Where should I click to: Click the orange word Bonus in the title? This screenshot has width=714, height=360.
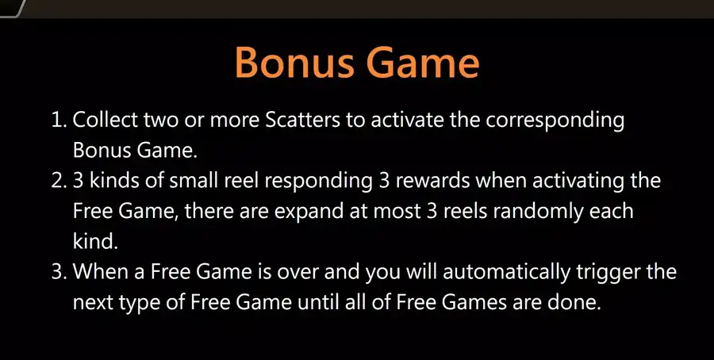(294, 63)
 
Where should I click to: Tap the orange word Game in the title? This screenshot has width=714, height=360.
(422, 63)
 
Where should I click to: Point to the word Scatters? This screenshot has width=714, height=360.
(302, 121)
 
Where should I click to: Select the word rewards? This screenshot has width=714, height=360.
(432, 181)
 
